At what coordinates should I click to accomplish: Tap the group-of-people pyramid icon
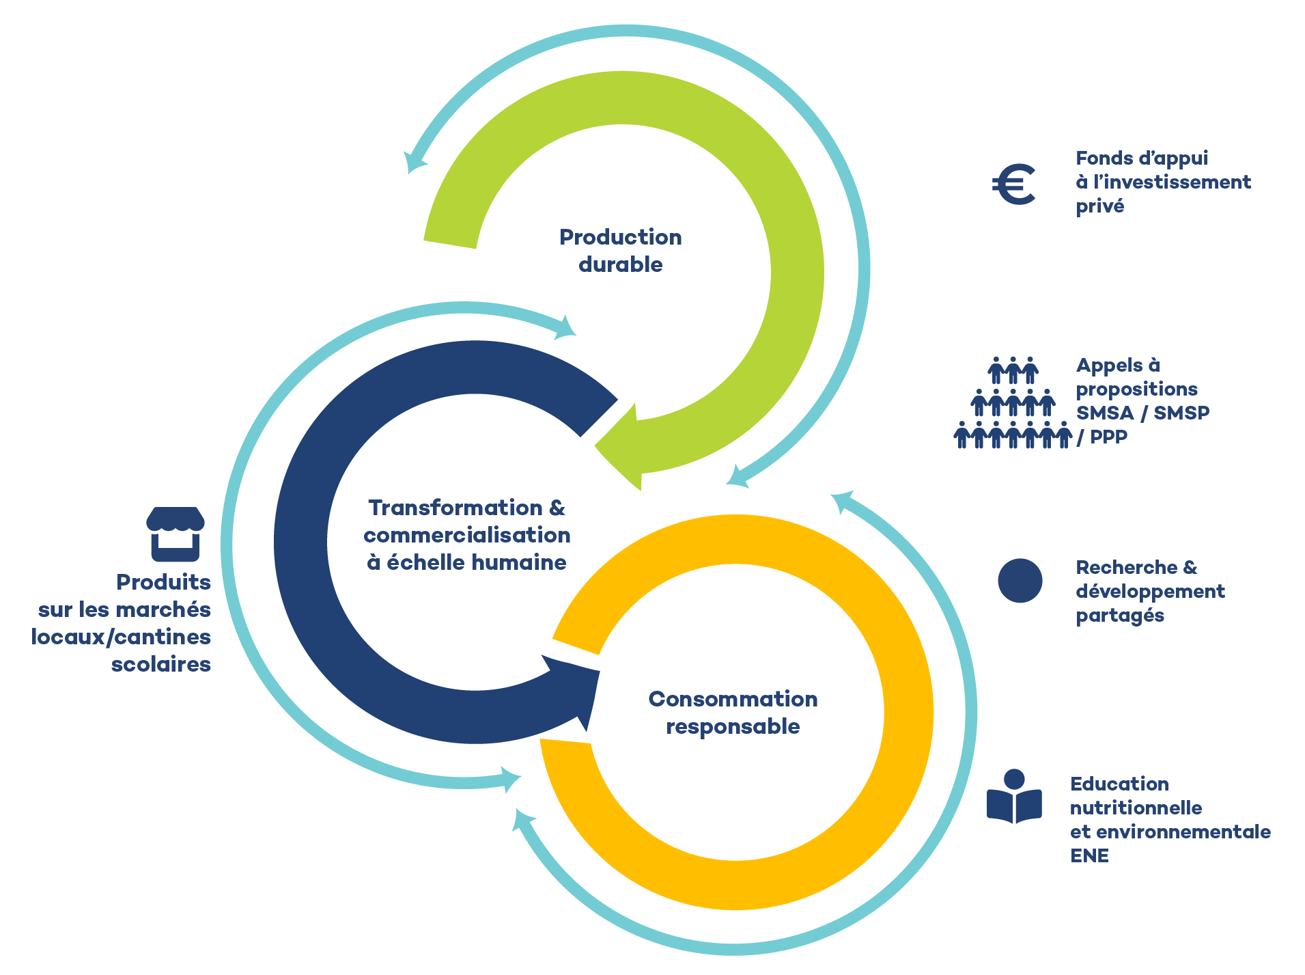[1013, 403]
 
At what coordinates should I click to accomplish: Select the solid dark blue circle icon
[1020, 581]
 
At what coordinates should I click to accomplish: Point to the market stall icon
[176, 533]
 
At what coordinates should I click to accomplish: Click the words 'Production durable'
[620, 250]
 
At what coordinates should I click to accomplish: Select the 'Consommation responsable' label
[733, 712]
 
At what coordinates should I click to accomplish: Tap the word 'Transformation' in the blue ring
[455, 508]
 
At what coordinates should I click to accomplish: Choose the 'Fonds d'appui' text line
[1141, 159]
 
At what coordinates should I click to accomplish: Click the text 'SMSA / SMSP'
[1142, 413]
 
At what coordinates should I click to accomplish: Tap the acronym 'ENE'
[1089, 855]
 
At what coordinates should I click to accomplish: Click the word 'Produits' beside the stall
[163, 582]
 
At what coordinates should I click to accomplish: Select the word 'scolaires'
[161, 664]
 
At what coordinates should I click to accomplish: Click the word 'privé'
[1099, 206]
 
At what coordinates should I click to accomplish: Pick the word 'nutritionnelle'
[1136, 808]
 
